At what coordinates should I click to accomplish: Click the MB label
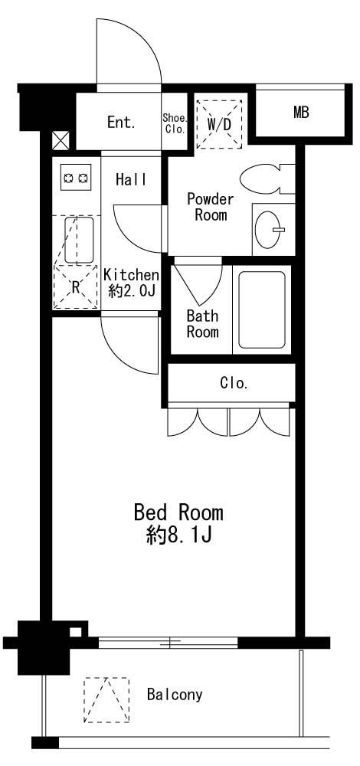coord(301,113)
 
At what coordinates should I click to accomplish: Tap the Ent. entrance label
coord(121,123)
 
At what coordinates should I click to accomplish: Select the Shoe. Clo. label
coord(175,123)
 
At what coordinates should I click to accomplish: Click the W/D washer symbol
coord(219,125)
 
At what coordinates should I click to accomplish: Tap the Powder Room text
coord(211,207)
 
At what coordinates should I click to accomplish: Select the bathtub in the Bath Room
coord(262,309)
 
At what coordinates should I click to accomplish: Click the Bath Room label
coord(203,324)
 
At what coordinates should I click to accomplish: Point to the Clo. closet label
coord(234,384)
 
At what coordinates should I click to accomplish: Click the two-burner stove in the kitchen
coord(76,177)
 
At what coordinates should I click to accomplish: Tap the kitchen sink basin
coord(79,240)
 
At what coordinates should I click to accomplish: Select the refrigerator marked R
coord(75,287)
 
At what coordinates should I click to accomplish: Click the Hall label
coord(131,180)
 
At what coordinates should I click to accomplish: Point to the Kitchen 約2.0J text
coord(132,283)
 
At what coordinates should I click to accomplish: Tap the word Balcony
coord(175,694)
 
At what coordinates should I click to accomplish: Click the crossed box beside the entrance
coord(61,141)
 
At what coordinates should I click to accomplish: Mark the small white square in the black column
coord(75,632)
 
